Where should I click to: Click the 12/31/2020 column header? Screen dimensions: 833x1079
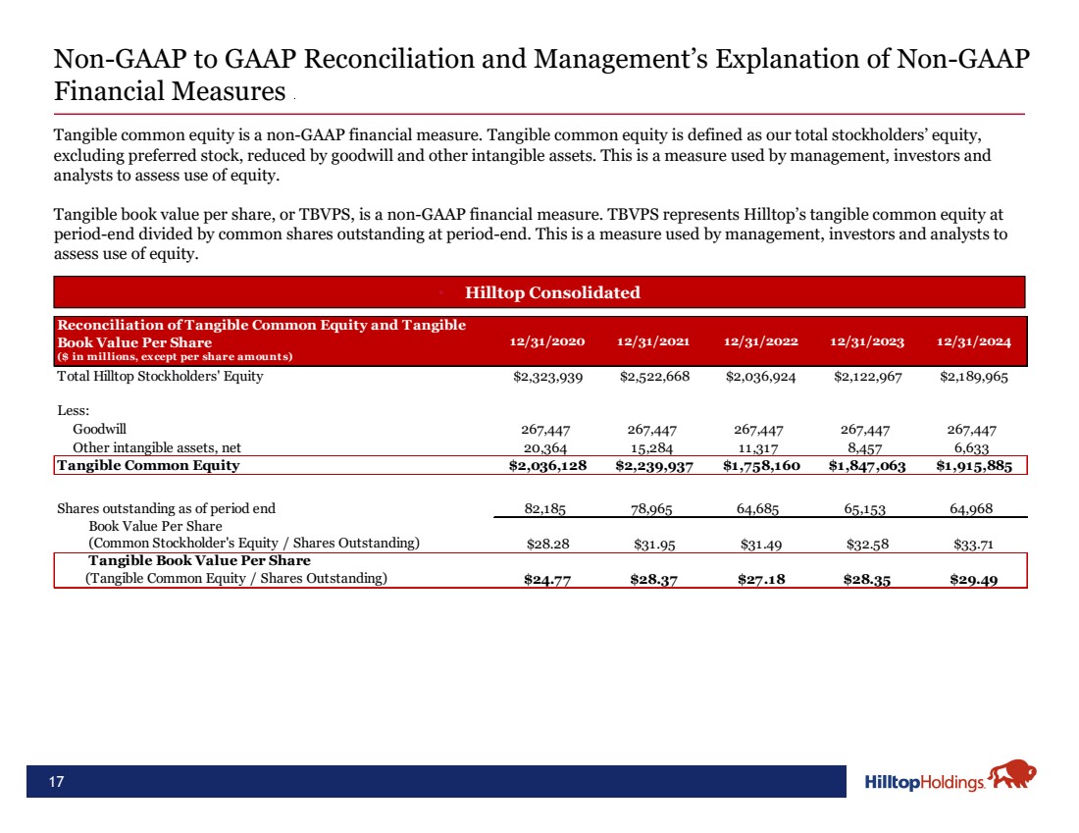[547, 341]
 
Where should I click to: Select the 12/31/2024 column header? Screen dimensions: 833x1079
[973, 341]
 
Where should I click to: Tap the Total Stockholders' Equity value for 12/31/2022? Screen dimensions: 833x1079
[761, 377]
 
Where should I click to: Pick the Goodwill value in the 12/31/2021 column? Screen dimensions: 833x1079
[654, 429]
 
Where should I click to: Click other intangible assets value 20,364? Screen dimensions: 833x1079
[547, 447]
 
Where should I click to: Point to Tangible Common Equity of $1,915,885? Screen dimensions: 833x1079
[973, 465]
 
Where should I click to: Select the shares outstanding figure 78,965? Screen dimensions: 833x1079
[654, 508]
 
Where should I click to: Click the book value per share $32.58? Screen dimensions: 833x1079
[867, 544]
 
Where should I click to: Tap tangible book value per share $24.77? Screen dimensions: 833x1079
[547, 579]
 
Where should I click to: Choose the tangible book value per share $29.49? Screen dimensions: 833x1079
[973, 579]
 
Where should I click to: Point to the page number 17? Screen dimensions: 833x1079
[57, 782]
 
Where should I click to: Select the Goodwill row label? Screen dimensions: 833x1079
[99, 429]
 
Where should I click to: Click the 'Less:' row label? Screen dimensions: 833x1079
[74, 411]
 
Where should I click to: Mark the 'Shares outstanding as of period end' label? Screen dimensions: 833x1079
[166, 508]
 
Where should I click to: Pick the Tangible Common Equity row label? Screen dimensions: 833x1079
[148, 465]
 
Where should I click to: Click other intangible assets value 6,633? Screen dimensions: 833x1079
[973, 447]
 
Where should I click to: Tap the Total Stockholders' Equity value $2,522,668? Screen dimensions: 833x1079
[654, 377]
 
